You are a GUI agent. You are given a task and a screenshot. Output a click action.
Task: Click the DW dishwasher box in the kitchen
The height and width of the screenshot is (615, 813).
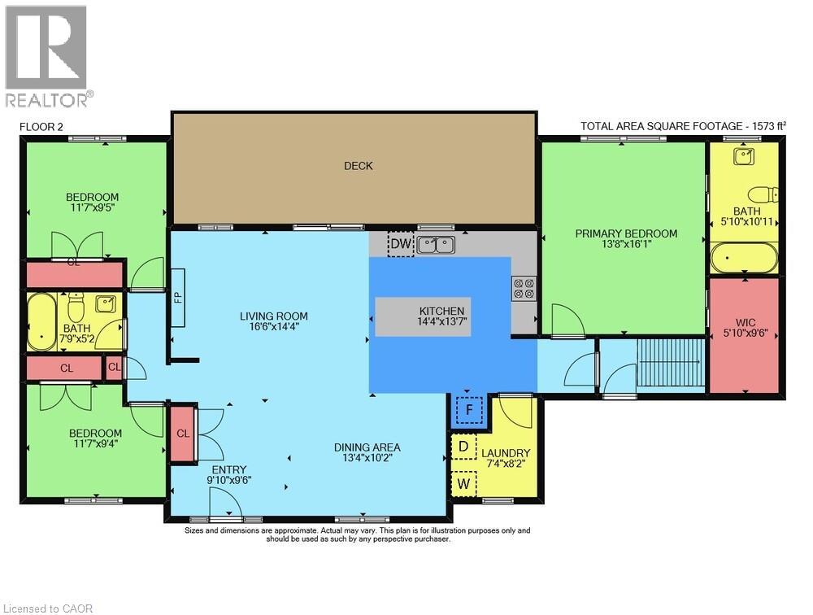pos(401,243)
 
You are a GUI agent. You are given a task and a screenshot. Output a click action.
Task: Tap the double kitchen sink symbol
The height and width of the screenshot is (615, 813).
pos(437,244)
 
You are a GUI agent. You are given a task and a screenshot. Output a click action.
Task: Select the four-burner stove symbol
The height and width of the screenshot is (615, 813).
pos(524,289)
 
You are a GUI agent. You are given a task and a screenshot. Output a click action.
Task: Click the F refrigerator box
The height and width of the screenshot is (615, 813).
pos(469,410)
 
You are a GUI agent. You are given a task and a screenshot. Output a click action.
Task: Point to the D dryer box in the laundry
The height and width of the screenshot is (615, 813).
pos(464,447)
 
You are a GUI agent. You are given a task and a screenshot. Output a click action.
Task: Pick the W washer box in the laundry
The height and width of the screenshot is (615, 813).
pos(464,484)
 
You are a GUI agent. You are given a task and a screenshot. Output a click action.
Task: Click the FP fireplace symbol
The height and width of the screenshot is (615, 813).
pos(178,298)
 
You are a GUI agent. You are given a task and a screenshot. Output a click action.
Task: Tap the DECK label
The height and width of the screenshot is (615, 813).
pos(359,166)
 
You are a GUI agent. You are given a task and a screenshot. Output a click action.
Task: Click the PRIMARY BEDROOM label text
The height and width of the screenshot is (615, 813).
pos(626,233)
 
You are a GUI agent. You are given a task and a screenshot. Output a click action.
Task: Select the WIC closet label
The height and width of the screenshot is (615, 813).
pos(745,322)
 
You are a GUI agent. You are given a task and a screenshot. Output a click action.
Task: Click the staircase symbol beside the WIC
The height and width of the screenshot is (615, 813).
pos(671,362)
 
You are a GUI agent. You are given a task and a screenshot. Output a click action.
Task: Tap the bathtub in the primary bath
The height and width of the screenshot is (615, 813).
pos(745,258)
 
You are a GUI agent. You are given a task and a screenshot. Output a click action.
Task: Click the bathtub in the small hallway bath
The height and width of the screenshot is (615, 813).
pos(41,322)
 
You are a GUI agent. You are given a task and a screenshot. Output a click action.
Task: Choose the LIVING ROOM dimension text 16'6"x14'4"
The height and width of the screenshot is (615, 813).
pos(273,326)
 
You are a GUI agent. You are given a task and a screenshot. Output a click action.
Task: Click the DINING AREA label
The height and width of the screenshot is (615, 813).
pos(367,447)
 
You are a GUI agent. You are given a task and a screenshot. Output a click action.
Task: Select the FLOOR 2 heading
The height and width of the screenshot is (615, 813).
pos(41,127)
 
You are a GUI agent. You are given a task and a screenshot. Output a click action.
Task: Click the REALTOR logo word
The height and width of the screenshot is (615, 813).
pos(46,99)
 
